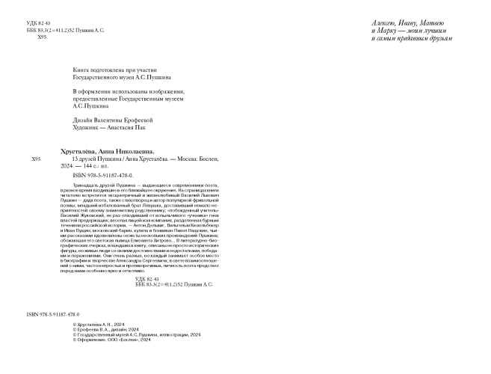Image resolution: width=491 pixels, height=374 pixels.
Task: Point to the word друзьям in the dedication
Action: tap(435, 38)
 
